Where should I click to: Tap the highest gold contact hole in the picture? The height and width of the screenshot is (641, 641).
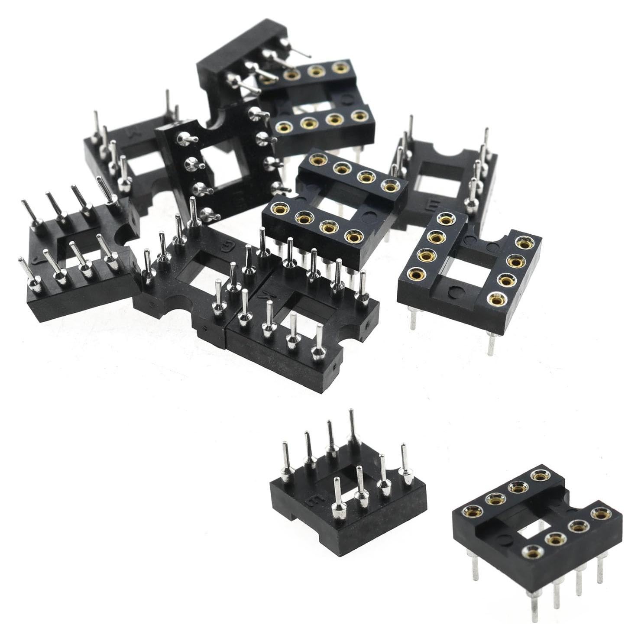click(340, 68)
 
